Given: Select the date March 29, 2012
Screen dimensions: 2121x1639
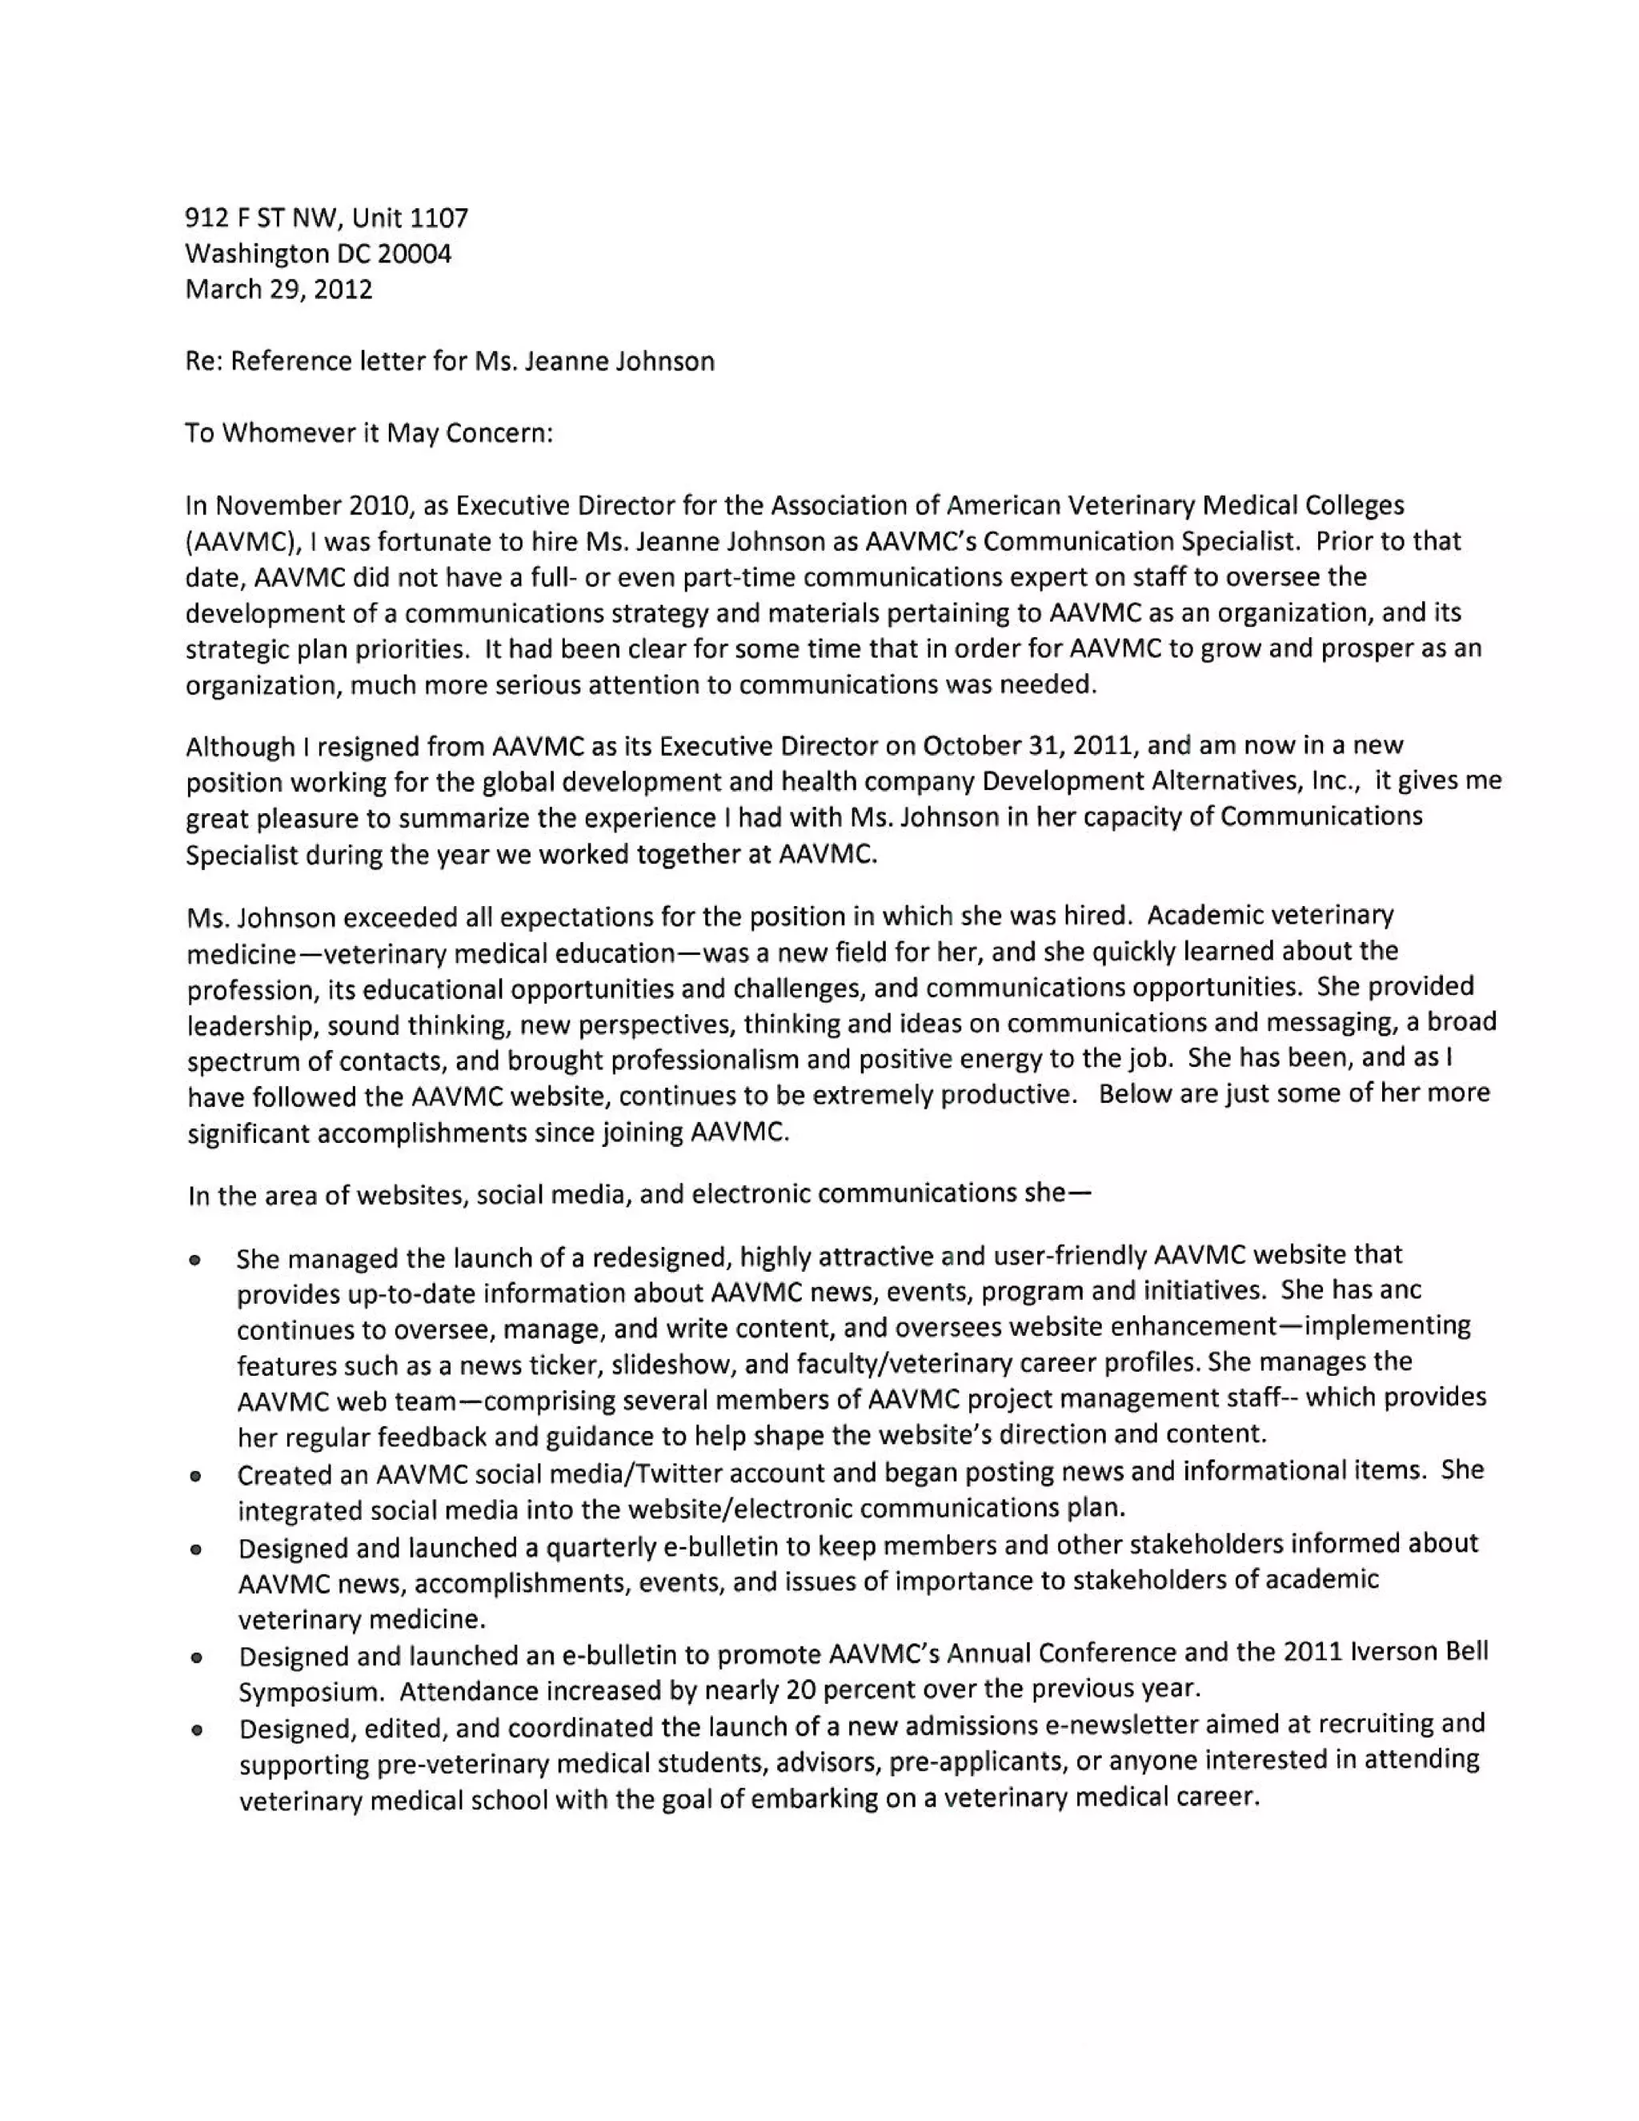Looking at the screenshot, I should (x=279, y=290).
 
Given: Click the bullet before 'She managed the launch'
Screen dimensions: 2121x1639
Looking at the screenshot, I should (x=195, y=1261).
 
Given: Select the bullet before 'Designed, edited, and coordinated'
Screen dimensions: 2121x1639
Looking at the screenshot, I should (x=197, y=1730).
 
